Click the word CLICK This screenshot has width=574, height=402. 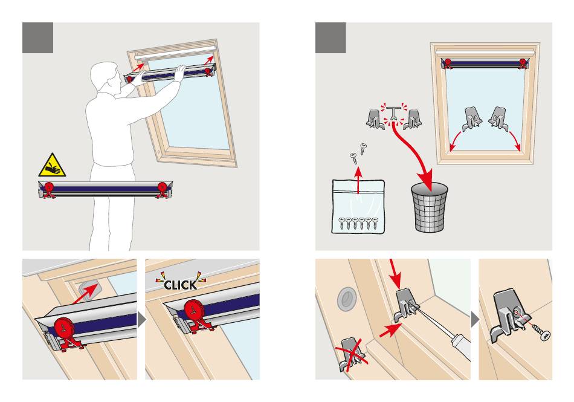point(181,285)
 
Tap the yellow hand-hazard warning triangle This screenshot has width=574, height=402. point(53,166)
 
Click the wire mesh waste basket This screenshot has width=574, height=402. point(430,207)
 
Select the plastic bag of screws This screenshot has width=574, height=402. point(358,206)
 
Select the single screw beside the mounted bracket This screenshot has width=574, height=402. point(541,331)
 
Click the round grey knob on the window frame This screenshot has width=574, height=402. point(346,299)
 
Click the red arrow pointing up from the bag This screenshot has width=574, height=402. point(358,180)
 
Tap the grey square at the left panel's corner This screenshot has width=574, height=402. point(37,37)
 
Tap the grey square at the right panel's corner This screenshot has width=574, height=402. point(331,37)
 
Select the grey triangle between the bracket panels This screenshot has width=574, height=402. point(474,320)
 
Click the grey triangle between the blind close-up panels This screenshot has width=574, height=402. point(141,320)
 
